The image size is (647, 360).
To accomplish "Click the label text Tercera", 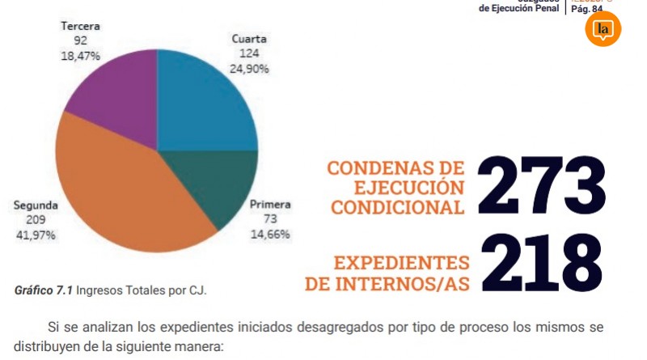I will click(80, 26).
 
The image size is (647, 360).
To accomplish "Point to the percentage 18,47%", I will click(80, 56).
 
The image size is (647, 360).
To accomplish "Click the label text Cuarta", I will click(249, 39).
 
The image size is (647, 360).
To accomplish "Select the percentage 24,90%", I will click(249, 69).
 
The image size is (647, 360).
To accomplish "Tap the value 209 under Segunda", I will click(36, 220).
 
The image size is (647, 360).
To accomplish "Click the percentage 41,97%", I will click(36, 235).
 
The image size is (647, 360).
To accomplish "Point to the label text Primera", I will click(270, 205).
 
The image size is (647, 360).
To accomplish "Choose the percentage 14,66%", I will click(270, 234).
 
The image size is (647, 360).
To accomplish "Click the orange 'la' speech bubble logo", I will click(603, 29).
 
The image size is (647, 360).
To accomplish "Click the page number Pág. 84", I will click(586, 9).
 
